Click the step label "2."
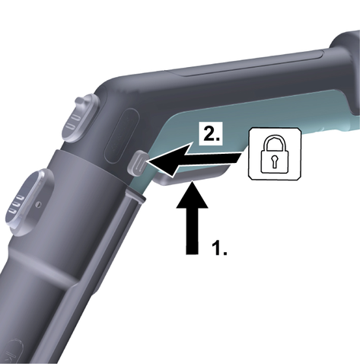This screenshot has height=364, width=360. tap(212, 134)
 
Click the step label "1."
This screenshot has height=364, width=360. tap(219, 247)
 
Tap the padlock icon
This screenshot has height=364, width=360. tap(275, 155)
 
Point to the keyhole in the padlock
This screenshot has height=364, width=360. tap(274, 161)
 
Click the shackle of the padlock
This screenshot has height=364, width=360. tap(275, 141)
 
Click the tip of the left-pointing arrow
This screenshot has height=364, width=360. tap(148, 161)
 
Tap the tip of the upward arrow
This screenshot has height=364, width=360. tap(193, 180)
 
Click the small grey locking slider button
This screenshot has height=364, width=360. tap(138, 162)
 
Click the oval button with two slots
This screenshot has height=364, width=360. tap(80, 117)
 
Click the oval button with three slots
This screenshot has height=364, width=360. tap(28, 202)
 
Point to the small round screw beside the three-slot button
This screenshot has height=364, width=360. tap(38, 203)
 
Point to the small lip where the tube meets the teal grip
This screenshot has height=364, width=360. tap(135, 196)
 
